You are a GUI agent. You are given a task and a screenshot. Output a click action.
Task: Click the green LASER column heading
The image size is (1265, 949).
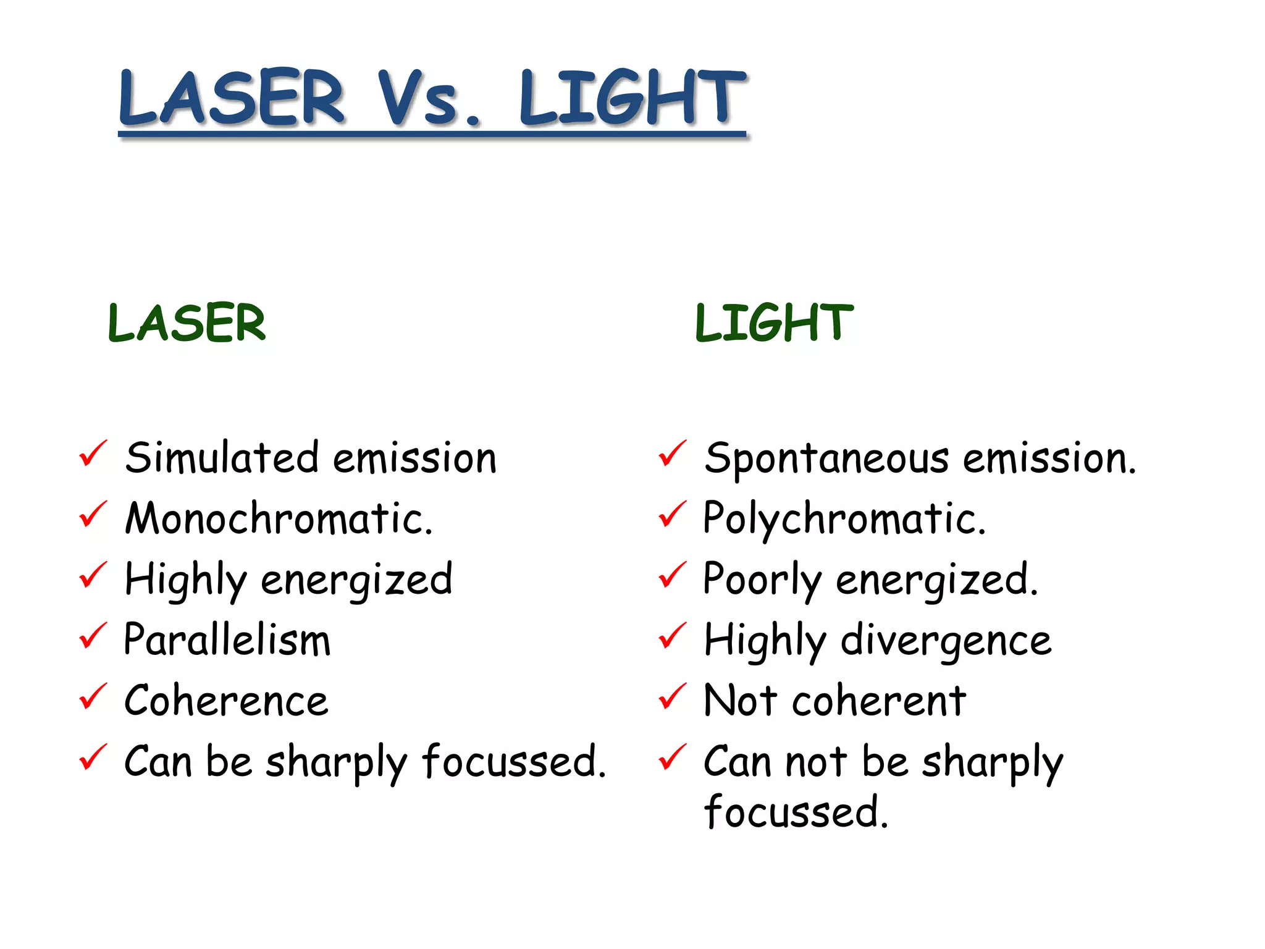[x=187, y=323]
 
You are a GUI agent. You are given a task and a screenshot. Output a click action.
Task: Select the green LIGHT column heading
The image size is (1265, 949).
[x=774, y=323]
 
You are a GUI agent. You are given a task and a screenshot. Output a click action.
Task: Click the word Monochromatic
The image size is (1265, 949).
[x=279, y=518]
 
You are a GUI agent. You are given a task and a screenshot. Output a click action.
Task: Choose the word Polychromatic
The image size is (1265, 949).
[x=844, y=518]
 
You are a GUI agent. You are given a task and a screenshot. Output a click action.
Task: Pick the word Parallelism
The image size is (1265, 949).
[x=227, y=639]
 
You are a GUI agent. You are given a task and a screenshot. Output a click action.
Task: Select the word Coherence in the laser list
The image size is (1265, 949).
[x=226, y=701]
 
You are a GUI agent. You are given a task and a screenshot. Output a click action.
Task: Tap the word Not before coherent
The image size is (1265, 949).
[x=740, y=701]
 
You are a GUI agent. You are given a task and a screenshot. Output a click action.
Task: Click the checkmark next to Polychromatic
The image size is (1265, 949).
[x=673, y=514]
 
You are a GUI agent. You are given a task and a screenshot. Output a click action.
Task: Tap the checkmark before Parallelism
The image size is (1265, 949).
[x=93, y=636]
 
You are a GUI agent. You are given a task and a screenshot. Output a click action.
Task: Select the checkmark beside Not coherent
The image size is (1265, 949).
[x=673, y=696]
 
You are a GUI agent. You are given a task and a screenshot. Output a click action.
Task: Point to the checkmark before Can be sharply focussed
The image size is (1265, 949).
[x=93, y=757]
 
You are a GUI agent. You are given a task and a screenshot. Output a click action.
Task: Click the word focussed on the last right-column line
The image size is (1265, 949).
[x=796, y=812]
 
